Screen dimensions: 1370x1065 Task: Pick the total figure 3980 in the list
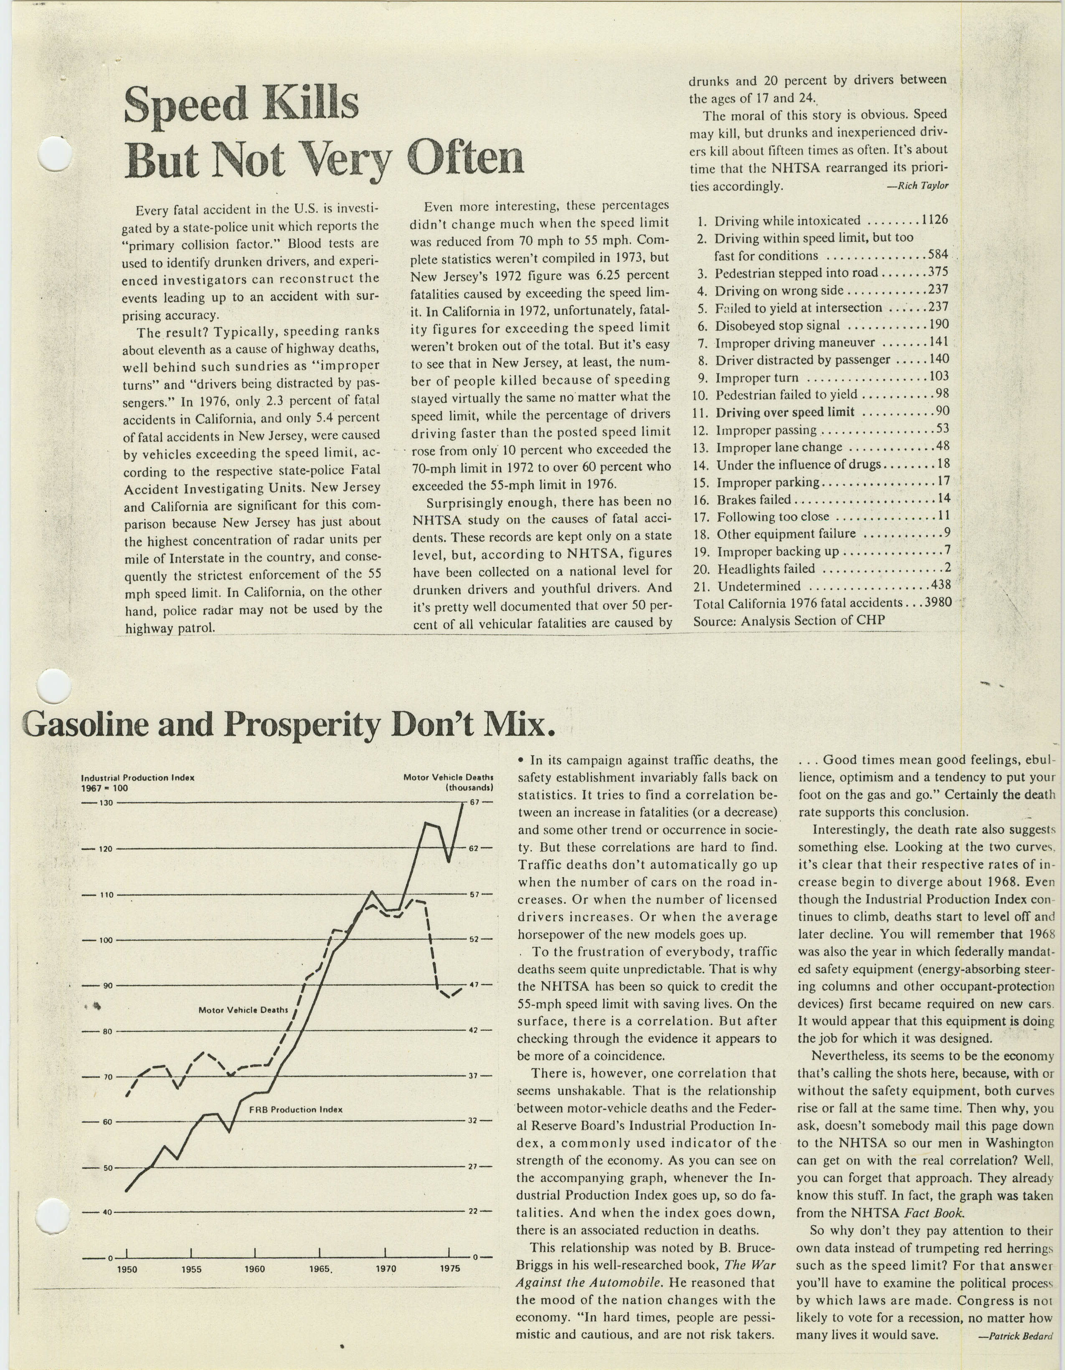[x=937, y=603]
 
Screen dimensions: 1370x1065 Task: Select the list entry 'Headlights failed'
[x=766, y=569]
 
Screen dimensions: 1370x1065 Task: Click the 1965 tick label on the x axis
[x=320, y=1269]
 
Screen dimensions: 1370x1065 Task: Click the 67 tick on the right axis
[x=474, y=802]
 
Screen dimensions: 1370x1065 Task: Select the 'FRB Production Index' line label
[x=296, y=1109]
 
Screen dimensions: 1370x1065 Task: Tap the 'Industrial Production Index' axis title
[x=138, y=778]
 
